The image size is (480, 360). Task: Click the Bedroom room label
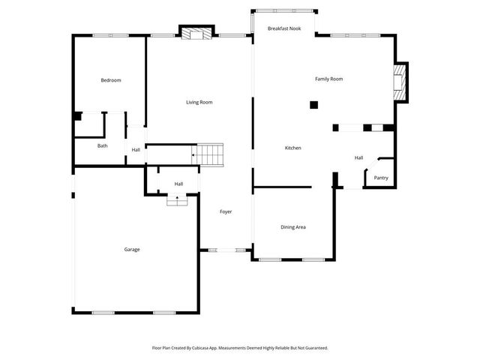click(x=111, y=80)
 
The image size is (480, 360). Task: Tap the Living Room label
click(x=199, y=102)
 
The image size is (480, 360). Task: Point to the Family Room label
click(x=328, y=79)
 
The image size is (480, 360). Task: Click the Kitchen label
click(x=292, y=148)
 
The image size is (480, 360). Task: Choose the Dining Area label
click(x=292, y=227)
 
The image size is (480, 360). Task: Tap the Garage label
click(x=132, y=249)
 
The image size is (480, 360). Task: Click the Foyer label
click(x=225, y=211)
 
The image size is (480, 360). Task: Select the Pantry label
click(x=381, y=178)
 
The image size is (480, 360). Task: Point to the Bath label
click(x=102, y=145)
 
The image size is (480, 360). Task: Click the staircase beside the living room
click(x=210, y=154)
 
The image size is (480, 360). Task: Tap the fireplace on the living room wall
click(x=196, y=32)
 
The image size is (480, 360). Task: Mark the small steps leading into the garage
click(x=177, y=199)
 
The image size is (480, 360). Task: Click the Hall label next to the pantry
click(x=358, y=157)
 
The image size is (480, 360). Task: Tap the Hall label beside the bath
click(x=136, y=150)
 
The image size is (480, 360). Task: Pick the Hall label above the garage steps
click(x=178, y=184)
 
